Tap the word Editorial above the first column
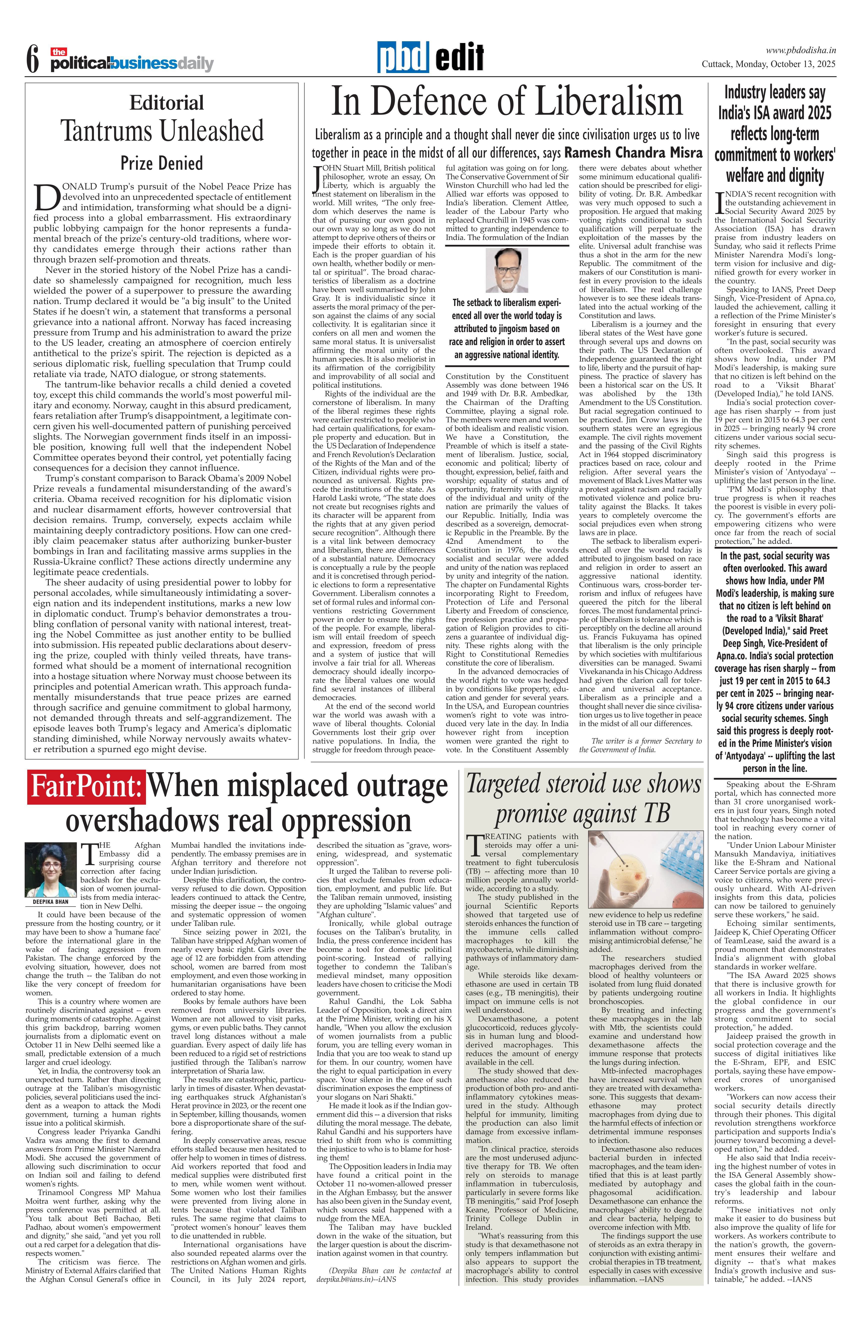coord(166,103)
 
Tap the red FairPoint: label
coord(86,787)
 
